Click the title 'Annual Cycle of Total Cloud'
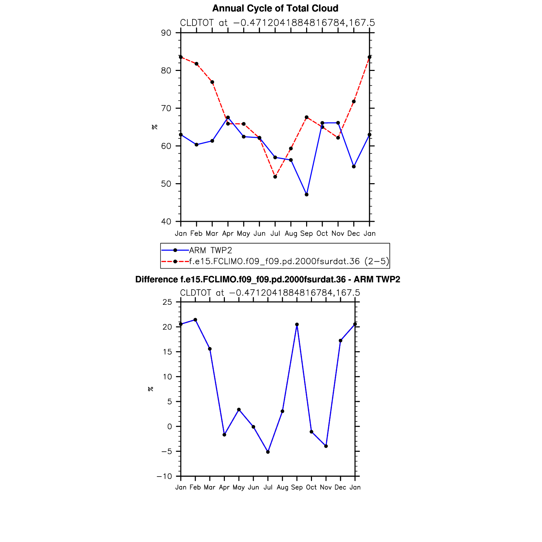[275, 8]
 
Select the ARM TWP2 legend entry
[210, 250]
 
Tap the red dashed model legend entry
[289, 261]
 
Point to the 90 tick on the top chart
[166, 33]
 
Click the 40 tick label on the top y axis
[166, 221]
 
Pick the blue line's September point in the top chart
[306, 195]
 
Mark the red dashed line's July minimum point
[275, 177]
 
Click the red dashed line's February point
[197, 64]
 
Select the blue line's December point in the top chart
[354, 167]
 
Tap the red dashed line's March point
[212, 82]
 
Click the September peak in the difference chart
[297, 324]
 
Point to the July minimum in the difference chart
[268, 452]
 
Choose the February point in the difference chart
[195, 320]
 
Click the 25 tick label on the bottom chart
[167, 302]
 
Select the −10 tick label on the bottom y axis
[164, 476]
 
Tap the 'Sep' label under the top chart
[306, 233]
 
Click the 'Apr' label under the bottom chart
[224, 487]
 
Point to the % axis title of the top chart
[155, 127]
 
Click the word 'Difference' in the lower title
[156, 280]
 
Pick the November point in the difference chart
[326, 446]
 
